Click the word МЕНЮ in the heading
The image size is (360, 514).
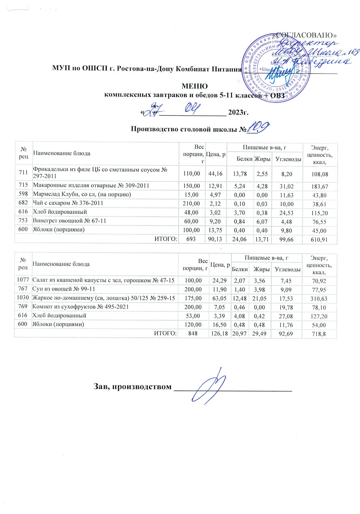coord(194,86)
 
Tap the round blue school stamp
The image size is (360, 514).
coord(276,68)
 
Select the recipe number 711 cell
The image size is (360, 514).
coord(23,173)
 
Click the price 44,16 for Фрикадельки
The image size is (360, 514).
coord(216,173)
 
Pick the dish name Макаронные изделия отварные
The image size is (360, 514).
coord(91,185)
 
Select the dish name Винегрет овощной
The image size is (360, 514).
coord(70,221)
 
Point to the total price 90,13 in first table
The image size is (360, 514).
coord(216,240)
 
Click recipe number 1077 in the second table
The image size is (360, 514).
coord(23,280)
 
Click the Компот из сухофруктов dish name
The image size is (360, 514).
coord(81,307)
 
